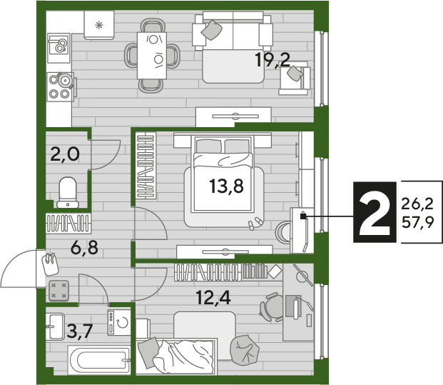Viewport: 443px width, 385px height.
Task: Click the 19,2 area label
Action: pyautogui.click(x=273, y=60)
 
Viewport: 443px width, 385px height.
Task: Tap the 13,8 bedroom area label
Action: pyautogui.click(x=226, y=186)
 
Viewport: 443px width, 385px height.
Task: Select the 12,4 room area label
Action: pyautogui.click(x=213, y=298)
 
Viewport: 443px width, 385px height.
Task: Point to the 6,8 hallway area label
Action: pyautogui.click(x=84, y=248)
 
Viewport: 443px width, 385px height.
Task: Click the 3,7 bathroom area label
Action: pyautogui.click(x=80, y=331)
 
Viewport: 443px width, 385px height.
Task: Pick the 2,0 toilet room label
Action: pyautogui.click(x=65, y=154)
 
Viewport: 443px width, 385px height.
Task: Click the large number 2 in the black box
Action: pyautogui.click(x=375, y=212)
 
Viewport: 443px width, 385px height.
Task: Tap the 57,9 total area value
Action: pyautogui.click(x=417, y=223)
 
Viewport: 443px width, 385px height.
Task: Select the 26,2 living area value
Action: pyautogui.click(x=417, y=204)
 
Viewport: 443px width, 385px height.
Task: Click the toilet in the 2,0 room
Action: pyautogui.click(x=68, y=192)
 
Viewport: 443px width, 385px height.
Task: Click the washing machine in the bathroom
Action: pyautogui.click(x=119, y=323)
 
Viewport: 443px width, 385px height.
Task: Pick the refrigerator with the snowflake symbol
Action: pyautogui.click(x=99, y=25)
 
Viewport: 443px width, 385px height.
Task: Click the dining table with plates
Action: pyautogui.click(x=152, y=56)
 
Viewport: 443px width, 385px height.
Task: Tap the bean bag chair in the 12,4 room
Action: pyautogui.click(x=245, y=350)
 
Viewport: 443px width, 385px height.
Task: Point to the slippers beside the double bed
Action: pyautogui.click(x=255, y=223)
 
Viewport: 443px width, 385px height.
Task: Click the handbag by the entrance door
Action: pyautogui.click(x=50, y=264)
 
